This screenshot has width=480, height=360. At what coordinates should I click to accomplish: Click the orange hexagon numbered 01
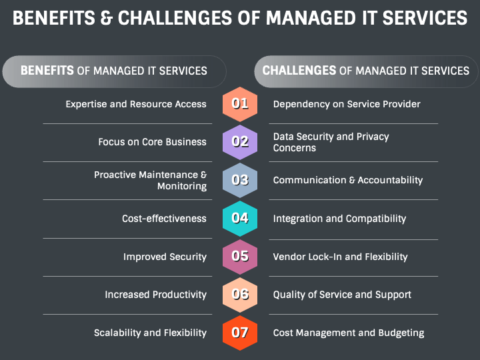pos(240,103)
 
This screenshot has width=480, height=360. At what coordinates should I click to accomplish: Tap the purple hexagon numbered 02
pos(240,141)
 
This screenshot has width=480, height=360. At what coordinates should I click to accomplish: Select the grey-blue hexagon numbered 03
pos(240,180)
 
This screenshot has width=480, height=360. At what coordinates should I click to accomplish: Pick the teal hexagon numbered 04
pos(240,218)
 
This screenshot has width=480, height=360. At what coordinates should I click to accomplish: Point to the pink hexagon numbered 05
pos(240,257)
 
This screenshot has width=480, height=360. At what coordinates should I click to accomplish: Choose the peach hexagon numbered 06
pos(240,295)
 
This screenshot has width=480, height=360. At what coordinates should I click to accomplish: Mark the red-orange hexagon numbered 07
pos(240,333)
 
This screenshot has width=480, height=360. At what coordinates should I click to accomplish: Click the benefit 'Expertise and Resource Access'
pos(136,104)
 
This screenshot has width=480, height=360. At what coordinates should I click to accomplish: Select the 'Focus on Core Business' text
pos(152,142)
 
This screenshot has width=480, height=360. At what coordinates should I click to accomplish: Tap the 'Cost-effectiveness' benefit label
pos(164,219)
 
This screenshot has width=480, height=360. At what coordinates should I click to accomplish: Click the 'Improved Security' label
pos(165,257)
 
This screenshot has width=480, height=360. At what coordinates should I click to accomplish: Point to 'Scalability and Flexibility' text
pos(150,333)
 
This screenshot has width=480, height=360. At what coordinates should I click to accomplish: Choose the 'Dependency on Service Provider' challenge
pos(347,104)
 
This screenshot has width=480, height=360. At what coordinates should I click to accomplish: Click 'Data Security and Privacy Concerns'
pos(331,142)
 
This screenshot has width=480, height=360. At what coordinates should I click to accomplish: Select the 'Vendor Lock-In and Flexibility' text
pos(340,257)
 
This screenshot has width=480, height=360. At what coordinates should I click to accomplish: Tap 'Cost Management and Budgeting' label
pos(349,333)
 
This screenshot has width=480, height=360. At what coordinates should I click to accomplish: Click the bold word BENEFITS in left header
pos(47,71)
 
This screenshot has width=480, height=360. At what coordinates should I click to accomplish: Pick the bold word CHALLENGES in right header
pos(299,71)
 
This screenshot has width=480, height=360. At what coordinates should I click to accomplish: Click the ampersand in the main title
pos(106,18)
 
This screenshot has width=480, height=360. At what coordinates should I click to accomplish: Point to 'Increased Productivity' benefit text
pos(155,295)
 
